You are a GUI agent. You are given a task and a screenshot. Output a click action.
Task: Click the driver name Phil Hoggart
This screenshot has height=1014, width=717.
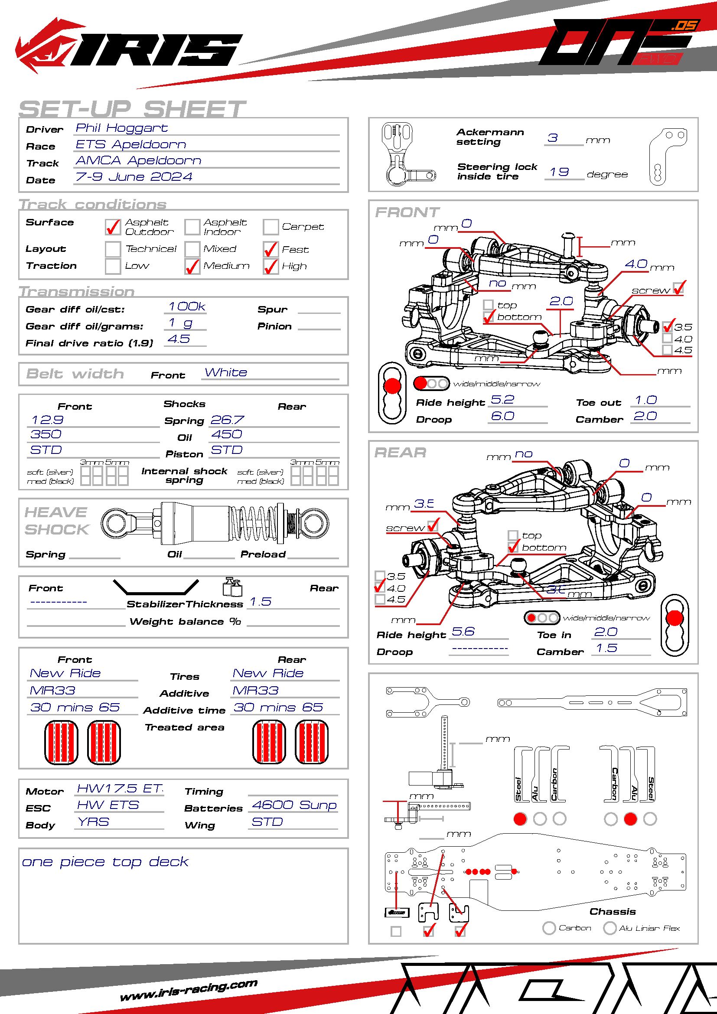tap(121, 128)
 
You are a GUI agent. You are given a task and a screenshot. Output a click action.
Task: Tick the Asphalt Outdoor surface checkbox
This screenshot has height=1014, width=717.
tap(113, 227)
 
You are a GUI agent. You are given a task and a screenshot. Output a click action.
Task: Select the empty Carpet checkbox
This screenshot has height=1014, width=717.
tap(270, 227)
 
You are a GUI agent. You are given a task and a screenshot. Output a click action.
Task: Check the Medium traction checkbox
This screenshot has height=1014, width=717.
tap(192, 266)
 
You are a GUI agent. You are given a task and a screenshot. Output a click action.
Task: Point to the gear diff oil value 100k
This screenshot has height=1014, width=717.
tap(187, 306)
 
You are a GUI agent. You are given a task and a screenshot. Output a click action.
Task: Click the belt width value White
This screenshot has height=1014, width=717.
tap(225, 372)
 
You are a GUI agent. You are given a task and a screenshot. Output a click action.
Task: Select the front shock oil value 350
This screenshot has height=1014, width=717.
tap(46, 434)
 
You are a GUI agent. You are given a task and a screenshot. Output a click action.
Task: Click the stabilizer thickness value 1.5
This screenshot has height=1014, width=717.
tap(261, 602)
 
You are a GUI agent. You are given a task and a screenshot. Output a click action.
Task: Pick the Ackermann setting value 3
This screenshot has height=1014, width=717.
tap(552, 138)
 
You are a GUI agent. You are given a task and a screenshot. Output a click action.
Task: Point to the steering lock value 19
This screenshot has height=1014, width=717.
tap(559, 172)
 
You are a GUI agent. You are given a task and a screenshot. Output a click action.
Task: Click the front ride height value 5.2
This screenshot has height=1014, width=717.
tap(502, 400)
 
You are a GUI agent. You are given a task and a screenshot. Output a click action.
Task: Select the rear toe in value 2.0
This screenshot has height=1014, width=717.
tap(605, 632)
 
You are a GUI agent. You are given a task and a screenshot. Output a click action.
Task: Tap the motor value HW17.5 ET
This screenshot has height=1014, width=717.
tap(120, 788)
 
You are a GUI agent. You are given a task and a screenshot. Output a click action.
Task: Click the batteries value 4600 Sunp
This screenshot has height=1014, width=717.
tap(294, 805)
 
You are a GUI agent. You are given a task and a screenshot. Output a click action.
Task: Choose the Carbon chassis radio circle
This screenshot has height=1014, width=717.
tap(549, 928)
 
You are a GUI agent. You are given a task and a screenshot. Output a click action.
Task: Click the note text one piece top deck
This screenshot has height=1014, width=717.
tap(105, 862)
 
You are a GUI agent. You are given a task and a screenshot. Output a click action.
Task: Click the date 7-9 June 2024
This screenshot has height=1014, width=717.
tap(134, 176)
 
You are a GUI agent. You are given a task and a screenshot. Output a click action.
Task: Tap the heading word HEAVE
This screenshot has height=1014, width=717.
tap(55, 512)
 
